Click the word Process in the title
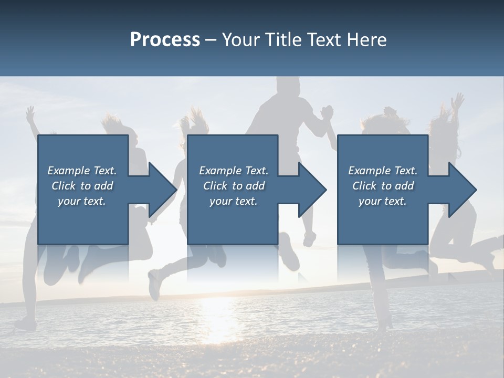point(165,40)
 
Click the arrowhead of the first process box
point(163,190)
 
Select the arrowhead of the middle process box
point(312,190)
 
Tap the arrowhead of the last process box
point(463,190)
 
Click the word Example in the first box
point(69,171)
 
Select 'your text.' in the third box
point(383,201)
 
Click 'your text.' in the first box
point(82,201)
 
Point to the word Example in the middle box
point(220,171)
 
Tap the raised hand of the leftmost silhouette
point(30,112)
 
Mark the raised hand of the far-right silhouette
point(458,101)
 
